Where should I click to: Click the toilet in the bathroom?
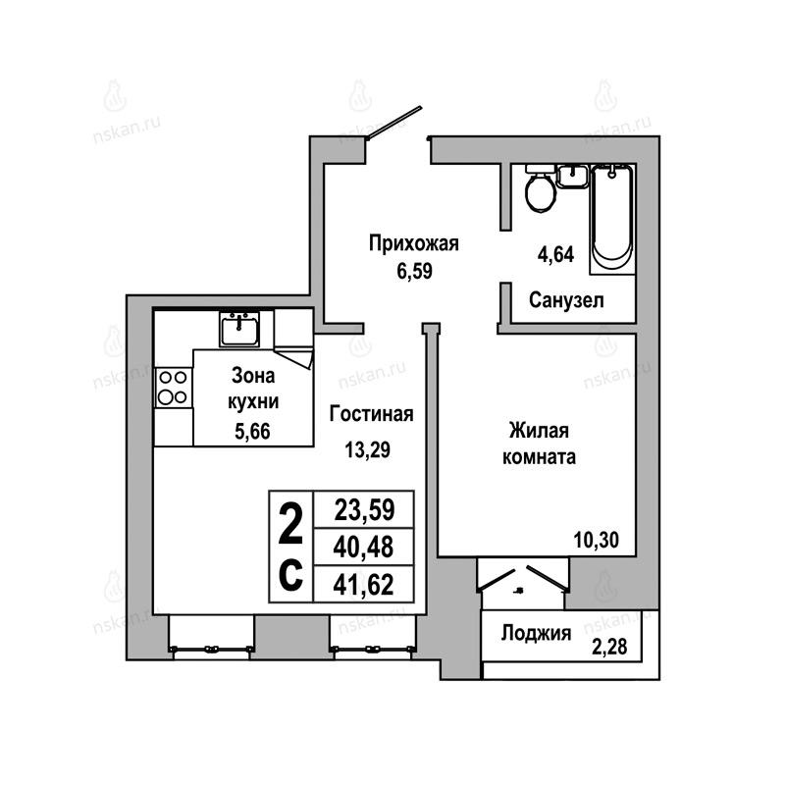pos(541,189)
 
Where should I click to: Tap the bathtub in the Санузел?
pos(611,219)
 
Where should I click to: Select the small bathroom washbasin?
pos(572,177)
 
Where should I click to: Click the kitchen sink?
pos(239,329)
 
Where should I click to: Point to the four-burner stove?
pos(173,388)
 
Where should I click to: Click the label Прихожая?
pos(413,243)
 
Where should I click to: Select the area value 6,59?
pos(414,272)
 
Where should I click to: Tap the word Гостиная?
pos(372,414)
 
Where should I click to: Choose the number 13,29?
pos(367,450)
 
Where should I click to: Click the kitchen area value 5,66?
pos(252,431)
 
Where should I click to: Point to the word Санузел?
pos(566,300)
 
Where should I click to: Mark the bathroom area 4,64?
pos(555,255)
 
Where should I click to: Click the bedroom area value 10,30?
pos(597,541)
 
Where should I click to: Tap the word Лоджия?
pos(536,634)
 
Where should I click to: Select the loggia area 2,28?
pos(609,647)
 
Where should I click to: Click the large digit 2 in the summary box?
pos(290,524)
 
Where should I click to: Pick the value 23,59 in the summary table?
pos(364,510)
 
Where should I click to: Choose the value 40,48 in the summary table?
pos(363,547)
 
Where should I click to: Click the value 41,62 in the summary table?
pos(363,584)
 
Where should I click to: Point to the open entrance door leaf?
pos(394,122)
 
